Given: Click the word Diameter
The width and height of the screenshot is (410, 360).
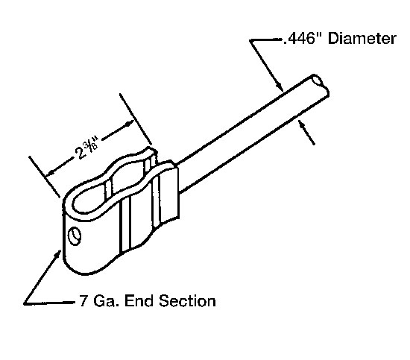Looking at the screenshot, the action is pyautogui.click(x=362, y=39).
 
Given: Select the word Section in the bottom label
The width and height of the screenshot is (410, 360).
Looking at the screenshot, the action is pyautogui.click(x=187, y=300).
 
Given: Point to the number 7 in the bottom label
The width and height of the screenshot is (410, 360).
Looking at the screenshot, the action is pyautogui.click(x=83, y=300).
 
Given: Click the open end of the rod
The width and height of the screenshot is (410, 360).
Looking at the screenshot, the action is pyautogui.click(x=318, y=80).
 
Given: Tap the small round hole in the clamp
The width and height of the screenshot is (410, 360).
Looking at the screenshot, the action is pyautogui.click(x=74, y=236).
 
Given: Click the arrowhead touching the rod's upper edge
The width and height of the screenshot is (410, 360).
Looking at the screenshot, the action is pyautogui.click(x=280, y=86).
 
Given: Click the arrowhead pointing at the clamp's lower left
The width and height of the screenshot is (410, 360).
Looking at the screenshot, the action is pyautogui.click(x=58, y=254).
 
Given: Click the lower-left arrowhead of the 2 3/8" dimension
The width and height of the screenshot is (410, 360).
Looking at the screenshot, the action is pyautogui.click(x=50, y=173).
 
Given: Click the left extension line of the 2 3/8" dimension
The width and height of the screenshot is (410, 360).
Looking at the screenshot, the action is pyautogui.click(x=45, y=176).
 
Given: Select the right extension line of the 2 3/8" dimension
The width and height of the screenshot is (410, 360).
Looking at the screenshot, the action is pyautogui.click(x=136, y=119).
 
